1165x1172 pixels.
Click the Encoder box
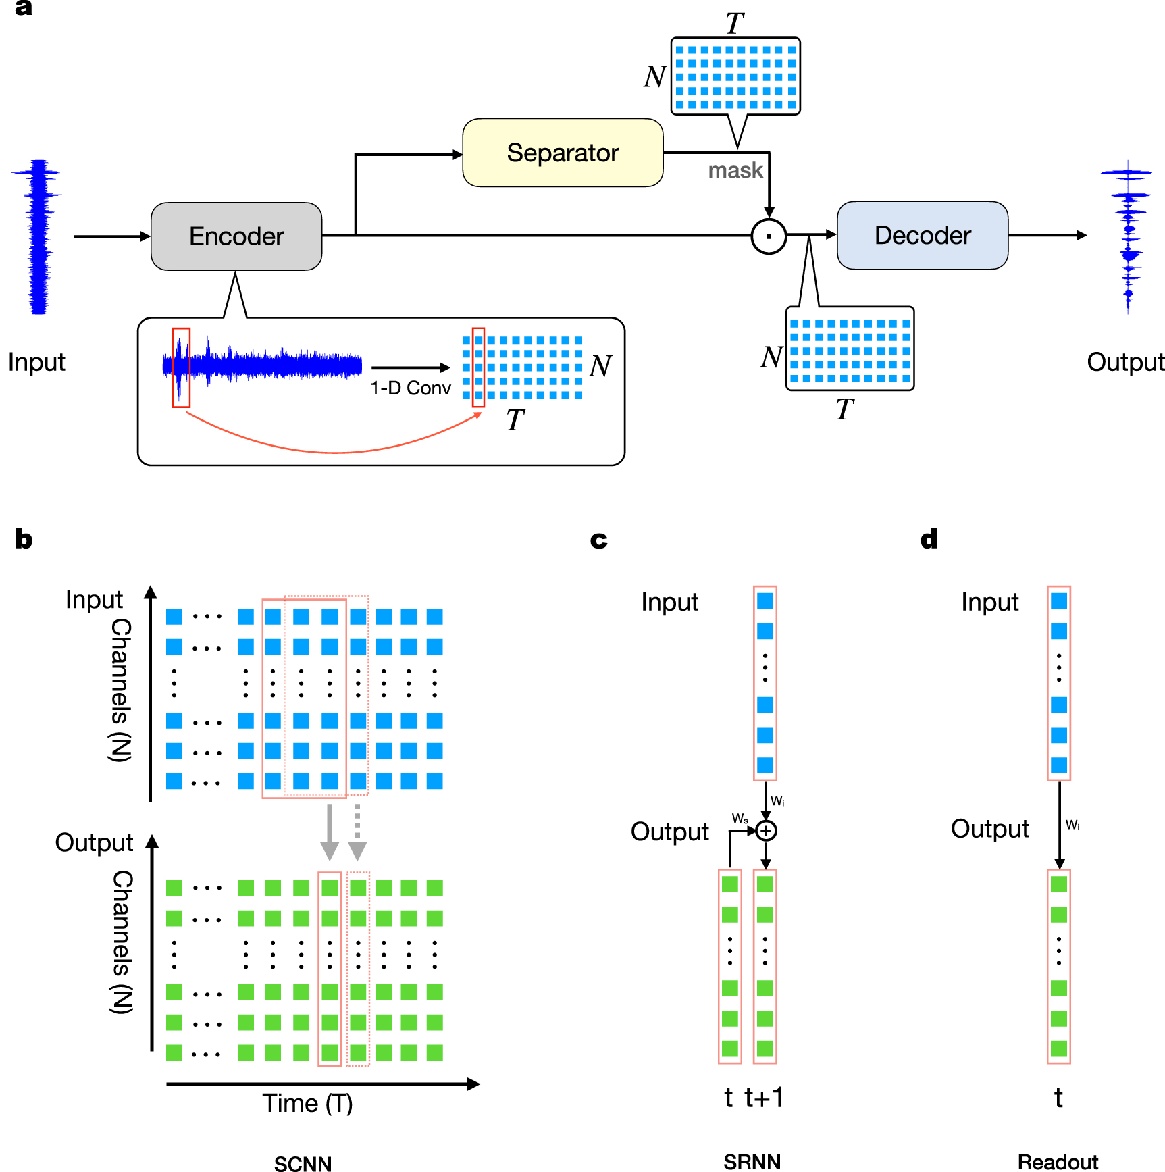(236, 236)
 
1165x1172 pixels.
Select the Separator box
(563, 153)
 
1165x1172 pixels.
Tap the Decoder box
(923, 235)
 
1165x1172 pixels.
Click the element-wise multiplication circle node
(769, 236)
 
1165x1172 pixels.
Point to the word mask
(735, 170)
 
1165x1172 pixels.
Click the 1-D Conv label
(410, 388)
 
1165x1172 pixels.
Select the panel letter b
(24, 539)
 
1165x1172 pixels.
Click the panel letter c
(598, 539)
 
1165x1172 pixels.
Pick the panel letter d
(929, 539)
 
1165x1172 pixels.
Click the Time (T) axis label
(307, 1103)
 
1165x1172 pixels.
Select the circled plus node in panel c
(766, 830)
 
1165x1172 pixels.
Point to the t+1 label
(765, 1098)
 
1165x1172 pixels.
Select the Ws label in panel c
(740, 819)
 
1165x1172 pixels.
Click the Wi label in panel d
(1072, 825)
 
